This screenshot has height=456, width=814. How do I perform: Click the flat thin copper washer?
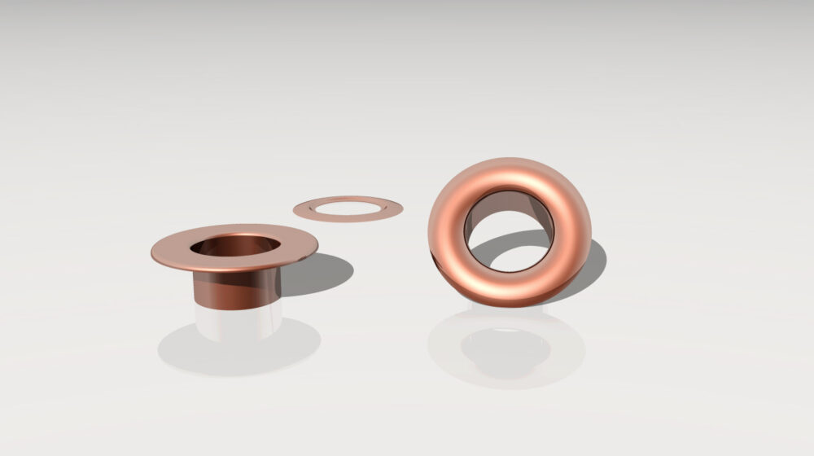[348, 199]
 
